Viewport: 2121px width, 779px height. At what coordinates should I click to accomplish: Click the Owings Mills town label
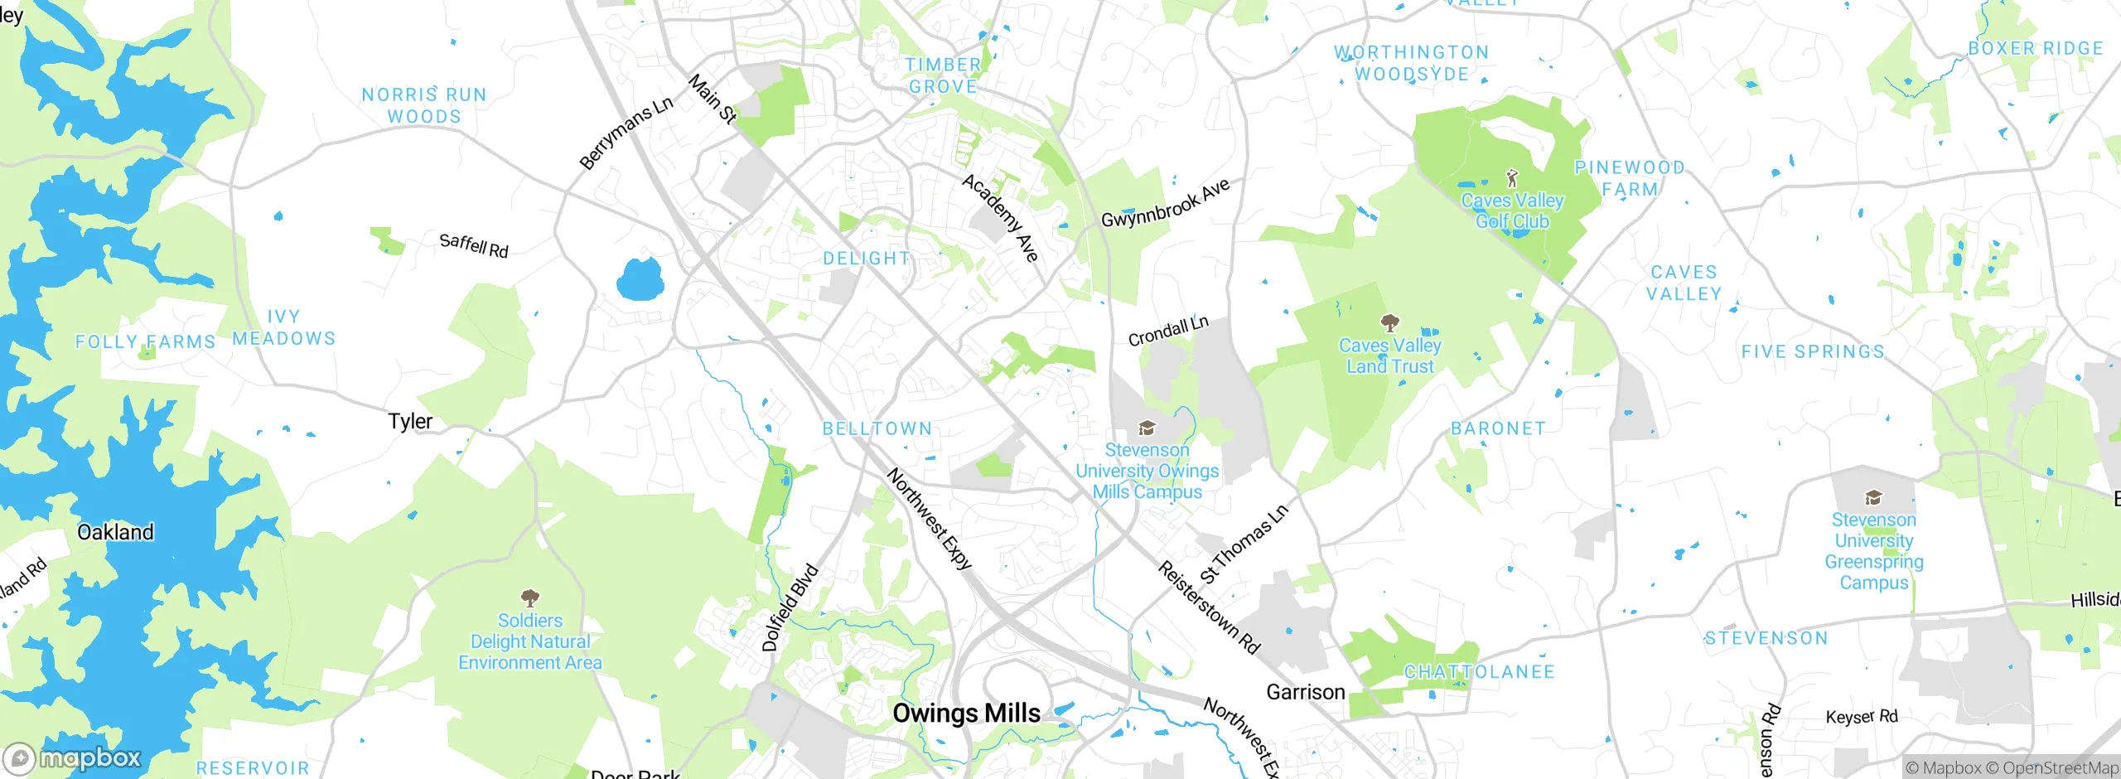pos(966,713)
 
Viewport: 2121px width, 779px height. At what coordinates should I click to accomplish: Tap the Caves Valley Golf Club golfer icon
pos(1512,177)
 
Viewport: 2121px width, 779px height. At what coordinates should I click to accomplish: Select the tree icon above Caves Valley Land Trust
pos(1390,322)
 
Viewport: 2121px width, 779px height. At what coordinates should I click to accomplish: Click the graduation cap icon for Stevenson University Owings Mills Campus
pos(1147,428)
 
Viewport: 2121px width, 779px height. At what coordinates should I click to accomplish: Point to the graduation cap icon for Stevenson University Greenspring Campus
pos(1873,497)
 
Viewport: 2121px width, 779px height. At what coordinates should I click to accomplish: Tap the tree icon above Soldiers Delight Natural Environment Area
pos(530,598)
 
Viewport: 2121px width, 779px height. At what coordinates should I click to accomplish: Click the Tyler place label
pos(410,421)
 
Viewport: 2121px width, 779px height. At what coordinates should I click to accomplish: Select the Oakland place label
pos(115,532)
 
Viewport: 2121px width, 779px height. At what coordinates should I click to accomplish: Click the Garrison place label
pos(1306,692)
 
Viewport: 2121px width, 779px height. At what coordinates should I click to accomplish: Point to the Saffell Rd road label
pos(474,245)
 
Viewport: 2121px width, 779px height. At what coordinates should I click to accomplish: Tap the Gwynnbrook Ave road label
pos(1165,204)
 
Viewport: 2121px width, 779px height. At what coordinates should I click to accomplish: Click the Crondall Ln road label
pos(1168,331)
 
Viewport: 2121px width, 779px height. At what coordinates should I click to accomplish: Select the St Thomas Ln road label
pos(1244,544)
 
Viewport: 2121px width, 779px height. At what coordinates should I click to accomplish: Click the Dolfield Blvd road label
pos(790,608)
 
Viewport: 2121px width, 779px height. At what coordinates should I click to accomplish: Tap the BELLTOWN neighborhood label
pos(877,428)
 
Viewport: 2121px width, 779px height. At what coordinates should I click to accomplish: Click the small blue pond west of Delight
pos(640,279)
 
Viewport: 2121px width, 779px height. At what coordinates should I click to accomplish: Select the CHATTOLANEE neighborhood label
pos(1479,672)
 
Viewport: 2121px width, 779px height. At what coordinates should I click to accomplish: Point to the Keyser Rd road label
pos(1862,717)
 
